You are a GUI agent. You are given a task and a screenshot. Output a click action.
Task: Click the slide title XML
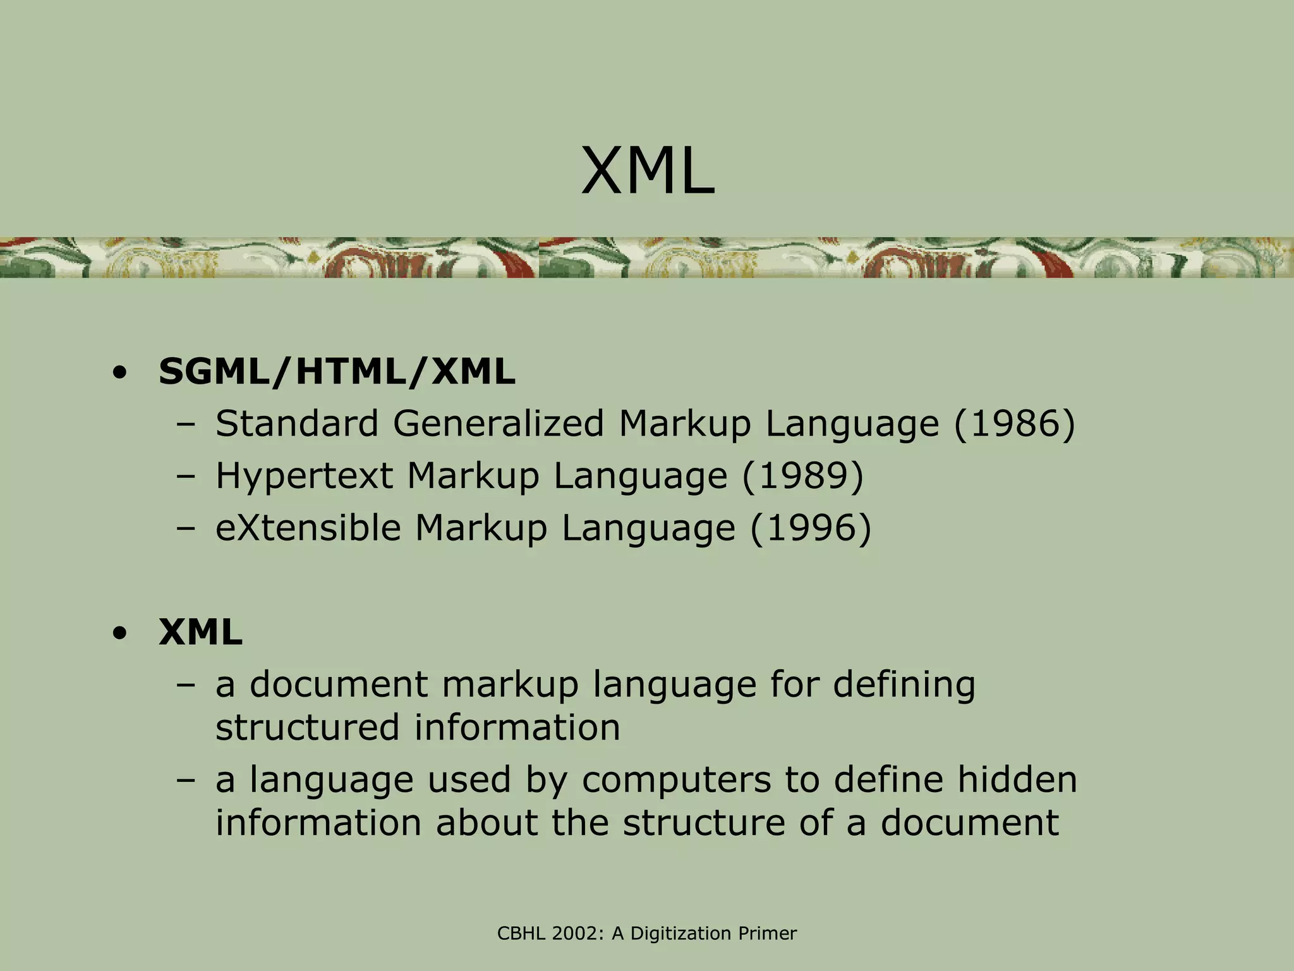click(647, 172)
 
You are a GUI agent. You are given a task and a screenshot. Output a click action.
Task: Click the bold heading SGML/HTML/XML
click(337, 372)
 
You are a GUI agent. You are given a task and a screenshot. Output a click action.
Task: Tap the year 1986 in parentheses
click(1013, 424)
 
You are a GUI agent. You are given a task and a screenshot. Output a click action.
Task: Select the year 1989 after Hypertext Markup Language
click(802, 475)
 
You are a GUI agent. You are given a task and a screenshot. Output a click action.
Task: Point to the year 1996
click(811, 527)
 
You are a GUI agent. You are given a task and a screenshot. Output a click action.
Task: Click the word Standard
click(297, 424)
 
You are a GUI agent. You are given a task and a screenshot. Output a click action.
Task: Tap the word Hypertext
click(305, 477)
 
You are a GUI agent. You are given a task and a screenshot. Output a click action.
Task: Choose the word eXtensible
click(308, 527)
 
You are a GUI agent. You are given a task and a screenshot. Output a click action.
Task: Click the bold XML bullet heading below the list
click(200, 632)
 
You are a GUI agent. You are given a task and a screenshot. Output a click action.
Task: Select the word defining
click(904, 685)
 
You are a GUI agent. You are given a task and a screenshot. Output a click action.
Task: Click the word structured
click(307, 727)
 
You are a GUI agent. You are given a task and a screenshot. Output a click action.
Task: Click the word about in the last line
click(487, 822)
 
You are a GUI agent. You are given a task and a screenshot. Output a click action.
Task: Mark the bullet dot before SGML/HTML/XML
click(118, 373)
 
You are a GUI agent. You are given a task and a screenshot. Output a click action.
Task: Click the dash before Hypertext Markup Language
click(186, 477)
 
